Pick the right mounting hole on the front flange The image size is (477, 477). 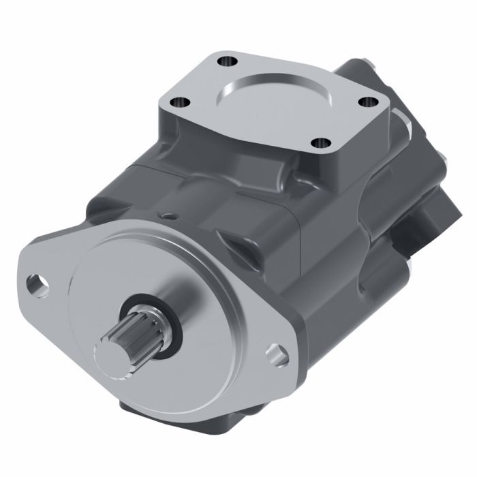coord(277,354)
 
